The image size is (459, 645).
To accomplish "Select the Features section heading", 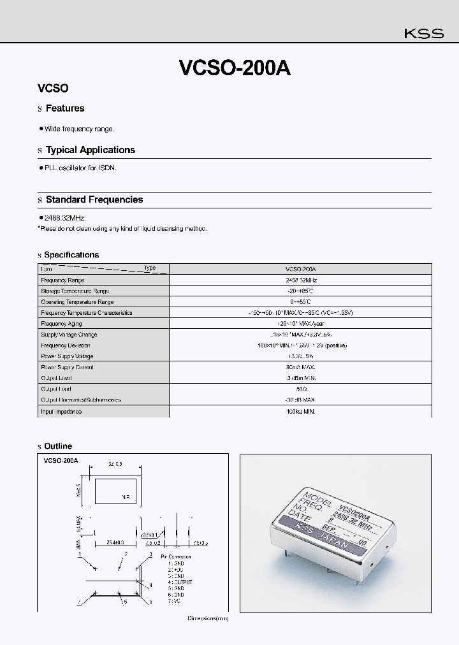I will click(64, 108).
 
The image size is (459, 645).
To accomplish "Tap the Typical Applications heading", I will click(90, 150).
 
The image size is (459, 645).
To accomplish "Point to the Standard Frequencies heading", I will click(94, 199).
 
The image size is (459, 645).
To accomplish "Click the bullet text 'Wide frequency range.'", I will click(79, 129).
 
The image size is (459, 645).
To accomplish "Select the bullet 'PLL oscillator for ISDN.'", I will click(80, 168).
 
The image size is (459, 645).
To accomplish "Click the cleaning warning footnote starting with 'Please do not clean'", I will click(122, 228).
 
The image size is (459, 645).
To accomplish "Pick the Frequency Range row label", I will click(62, 280).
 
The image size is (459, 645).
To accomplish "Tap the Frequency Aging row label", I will click(62, 324).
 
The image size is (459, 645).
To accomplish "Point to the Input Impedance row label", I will click(61, 411).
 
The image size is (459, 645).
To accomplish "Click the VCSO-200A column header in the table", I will click(300, 269).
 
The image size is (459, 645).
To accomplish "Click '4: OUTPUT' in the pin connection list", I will click(180, 582).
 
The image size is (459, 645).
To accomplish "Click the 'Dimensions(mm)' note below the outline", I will click(207, 618).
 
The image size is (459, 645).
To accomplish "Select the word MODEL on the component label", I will click(317, 498).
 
